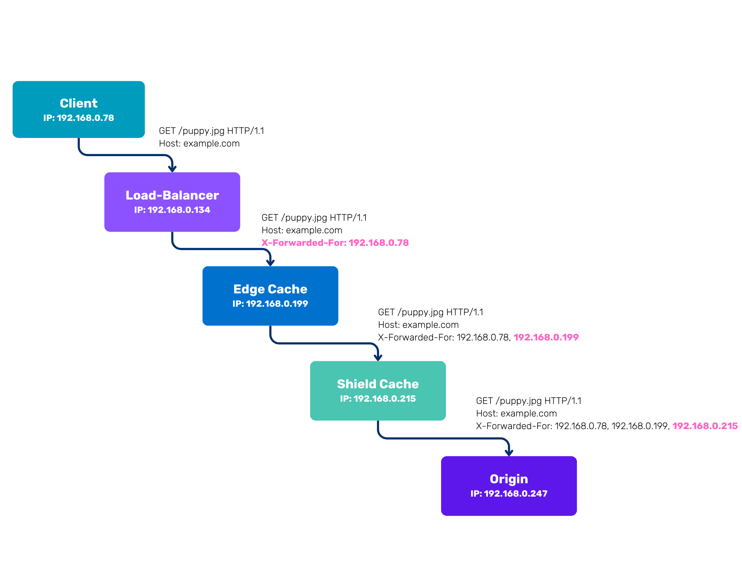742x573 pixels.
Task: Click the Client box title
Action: coord(79,103)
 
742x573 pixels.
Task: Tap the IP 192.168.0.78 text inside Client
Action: coord(79,118)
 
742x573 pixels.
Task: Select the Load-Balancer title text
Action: coord(172,195)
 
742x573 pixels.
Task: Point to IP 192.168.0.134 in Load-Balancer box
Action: coord(172,210)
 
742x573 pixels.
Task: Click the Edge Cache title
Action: coord(270,289)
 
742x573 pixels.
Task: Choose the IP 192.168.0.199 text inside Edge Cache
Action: coord(270,304)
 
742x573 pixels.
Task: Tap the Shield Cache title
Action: coord(378,384)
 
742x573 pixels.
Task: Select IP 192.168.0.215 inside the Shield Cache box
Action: coord(378,399)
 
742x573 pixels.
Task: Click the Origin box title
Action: coord(509,479)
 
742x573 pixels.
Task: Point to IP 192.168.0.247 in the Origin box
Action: coord(509,494)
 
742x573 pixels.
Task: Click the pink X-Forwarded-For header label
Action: coord(335,243)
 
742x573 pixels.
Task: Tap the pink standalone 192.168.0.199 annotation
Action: coord(546,337)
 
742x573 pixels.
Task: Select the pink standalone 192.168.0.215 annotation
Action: coord(705,426)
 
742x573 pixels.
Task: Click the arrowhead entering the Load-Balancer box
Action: coord(172,169)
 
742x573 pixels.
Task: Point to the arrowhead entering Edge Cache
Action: coord(270,263)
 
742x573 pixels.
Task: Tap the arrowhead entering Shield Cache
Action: coord(378,358)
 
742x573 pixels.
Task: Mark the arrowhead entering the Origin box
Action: coord(509,453)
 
